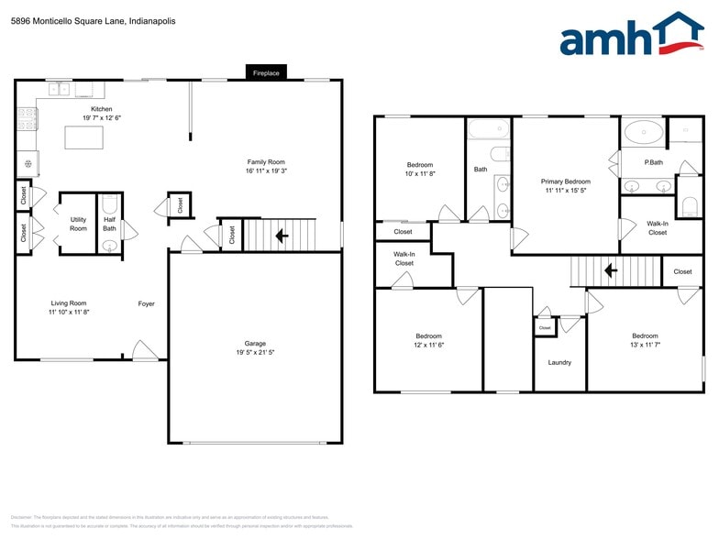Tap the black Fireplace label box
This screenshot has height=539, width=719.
tap(267, 72)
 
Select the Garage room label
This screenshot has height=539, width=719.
tap(255, 344)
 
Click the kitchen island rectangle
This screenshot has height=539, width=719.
tap(83, 137)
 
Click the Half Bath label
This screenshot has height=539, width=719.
tap(109, 224)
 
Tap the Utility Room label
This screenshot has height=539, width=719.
tap(78, 224)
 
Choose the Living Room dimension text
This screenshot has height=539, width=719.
tap(69, 313)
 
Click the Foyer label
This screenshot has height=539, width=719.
tap(146, 303)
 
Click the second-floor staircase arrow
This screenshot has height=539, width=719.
tap(608, 271)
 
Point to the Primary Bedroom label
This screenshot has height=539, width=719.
tap(566, 181)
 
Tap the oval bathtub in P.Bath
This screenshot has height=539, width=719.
tap(643, 133)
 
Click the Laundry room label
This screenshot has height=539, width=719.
tap(559, 362)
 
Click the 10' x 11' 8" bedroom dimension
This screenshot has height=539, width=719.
tap(420, 173)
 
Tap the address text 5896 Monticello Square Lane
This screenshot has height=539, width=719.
tap(93, 20)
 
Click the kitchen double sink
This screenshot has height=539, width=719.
tap(60, 90)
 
